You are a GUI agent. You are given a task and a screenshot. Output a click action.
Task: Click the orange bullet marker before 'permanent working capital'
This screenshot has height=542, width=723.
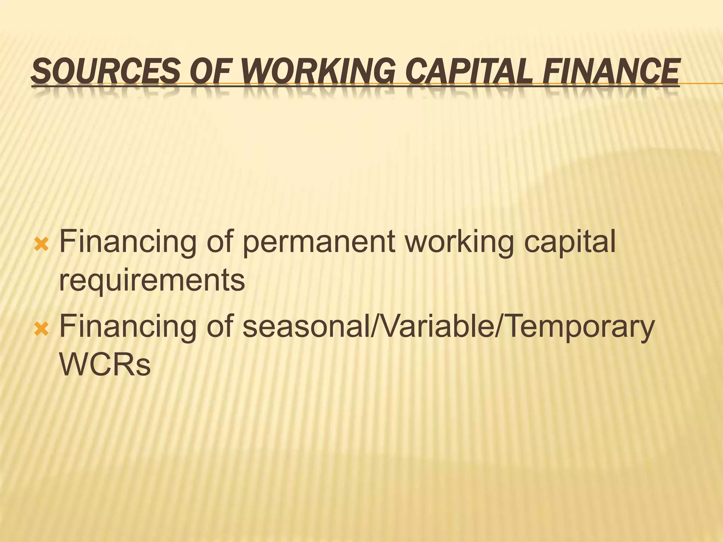coord(42,244)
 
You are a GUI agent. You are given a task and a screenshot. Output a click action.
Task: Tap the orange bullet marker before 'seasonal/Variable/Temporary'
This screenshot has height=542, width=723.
coord(42,330)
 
